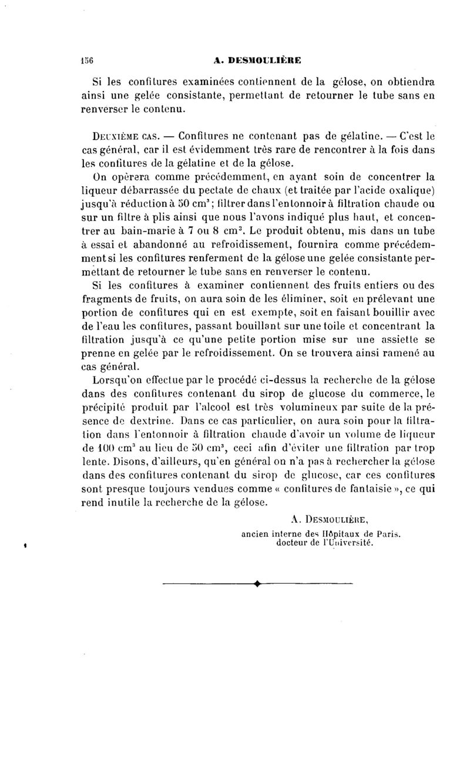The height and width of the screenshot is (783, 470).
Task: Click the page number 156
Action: [88, 60]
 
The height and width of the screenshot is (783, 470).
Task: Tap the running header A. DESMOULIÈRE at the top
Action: [258, 60]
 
